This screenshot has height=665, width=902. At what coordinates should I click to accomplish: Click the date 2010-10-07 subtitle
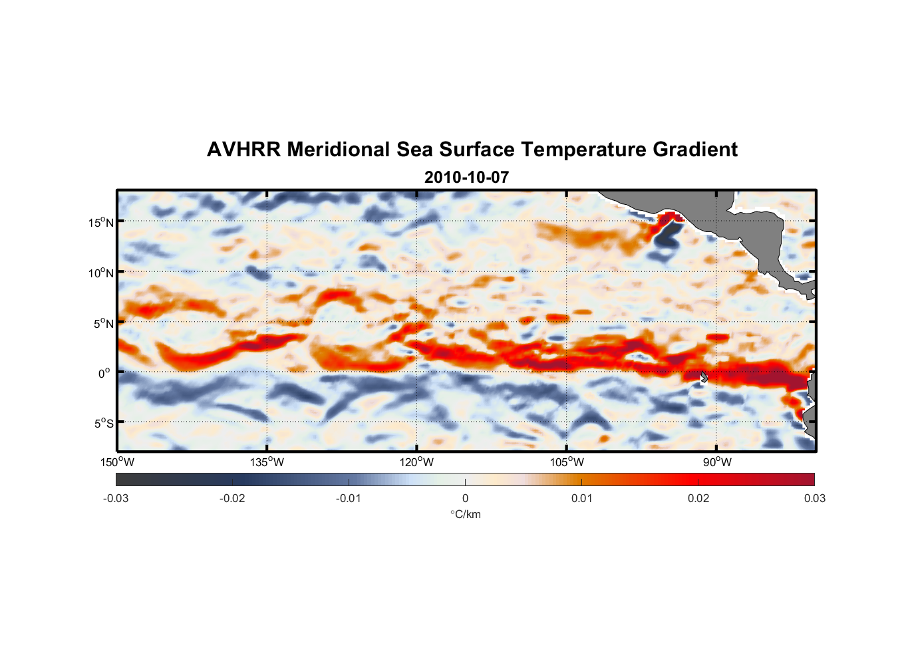click(466, 178)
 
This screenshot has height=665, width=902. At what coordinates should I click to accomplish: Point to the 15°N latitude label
click(101, 222)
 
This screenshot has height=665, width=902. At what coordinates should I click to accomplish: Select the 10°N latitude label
click(101, 273)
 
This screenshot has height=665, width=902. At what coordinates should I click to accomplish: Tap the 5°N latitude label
click(103, 323)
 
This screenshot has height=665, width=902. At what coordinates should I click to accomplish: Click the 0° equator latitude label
click(104, 373)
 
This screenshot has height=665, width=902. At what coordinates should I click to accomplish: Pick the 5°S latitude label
click(103, 424)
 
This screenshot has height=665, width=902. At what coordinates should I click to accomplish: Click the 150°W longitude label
click(117, 462)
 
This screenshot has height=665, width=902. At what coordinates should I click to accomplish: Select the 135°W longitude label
click(267, 462)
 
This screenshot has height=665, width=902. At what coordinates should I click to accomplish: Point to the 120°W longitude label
click(416, 462)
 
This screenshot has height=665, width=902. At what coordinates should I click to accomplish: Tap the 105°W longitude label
click(567, 462)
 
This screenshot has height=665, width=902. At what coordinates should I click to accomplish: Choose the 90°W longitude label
click(716, 462)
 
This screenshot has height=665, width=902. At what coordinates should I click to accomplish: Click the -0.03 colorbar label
click(116, 499)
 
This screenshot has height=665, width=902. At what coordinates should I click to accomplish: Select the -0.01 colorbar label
click(349, 499)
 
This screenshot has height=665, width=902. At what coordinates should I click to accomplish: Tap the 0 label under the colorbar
click(465, 499)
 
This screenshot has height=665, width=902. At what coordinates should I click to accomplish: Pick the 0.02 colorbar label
click(698, 499)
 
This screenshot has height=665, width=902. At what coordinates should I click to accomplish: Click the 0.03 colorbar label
click(814, 499)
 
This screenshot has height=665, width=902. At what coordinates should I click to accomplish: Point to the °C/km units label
click(465, 515)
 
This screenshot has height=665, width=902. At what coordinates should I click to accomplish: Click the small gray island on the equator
click(704, 377)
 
